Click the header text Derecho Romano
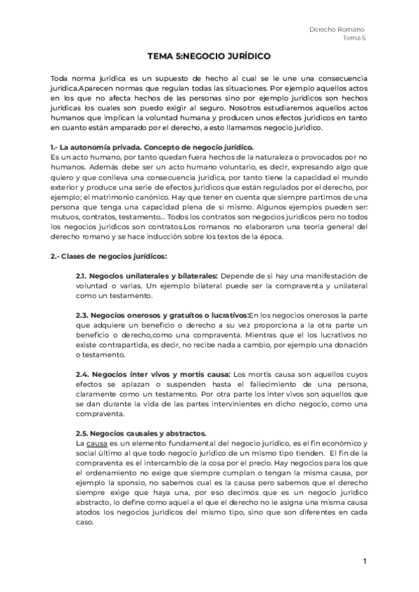pos(337,29)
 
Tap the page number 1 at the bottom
pos(365,561)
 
